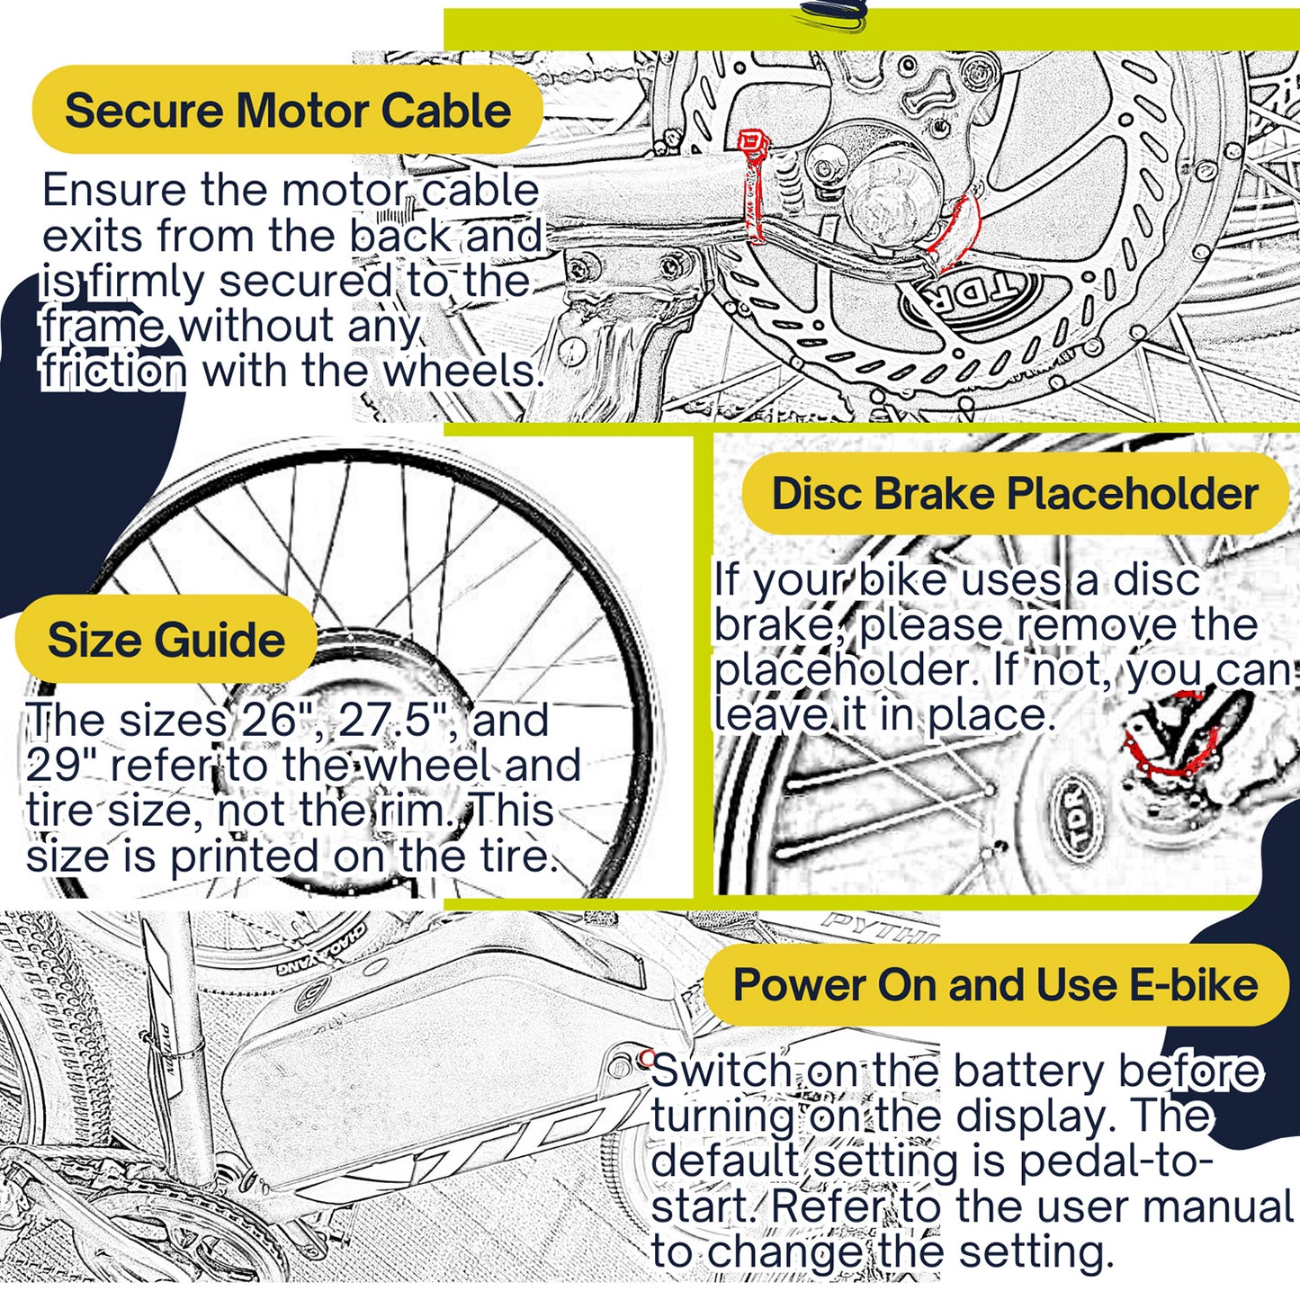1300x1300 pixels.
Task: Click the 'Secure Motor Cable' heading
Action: click(287, 111)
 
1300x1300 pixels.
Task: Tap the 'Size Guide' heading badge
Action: click(166, 640)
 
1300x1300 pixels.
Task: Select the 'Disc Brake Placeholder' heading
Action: click(1014, 494)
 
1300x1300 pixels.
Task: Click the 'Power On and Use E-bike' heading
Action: click(995, 985)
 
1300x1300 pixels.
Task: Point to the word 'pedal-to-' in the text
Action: click(1116, 1162)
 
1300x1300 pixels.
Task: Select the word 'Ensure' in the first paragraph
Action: click(113, 191)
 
